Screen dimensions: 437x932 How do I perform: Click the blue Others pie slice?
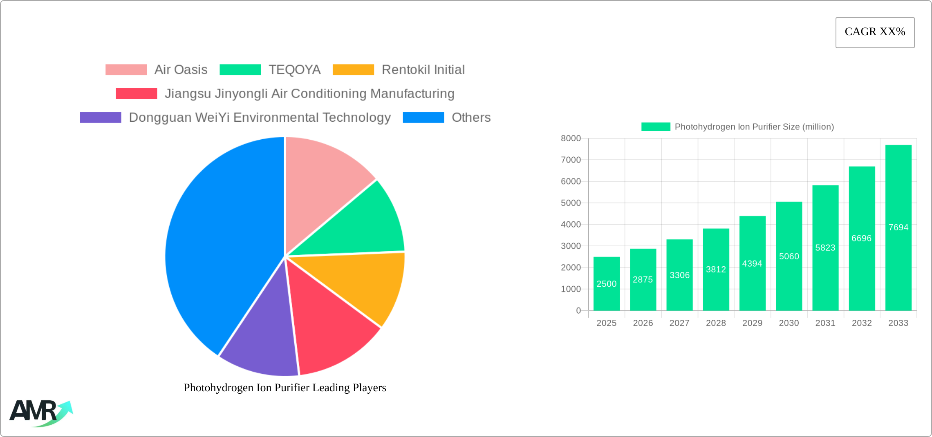tap(221, 245)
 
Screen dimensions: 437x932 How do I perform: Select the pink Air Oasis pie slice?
tap(323, 184)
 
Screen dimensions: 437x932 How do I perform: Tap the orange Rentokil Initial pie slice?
tap(364, 286)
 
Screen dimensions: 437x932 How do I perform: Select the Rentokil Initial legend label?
tap(423, 70)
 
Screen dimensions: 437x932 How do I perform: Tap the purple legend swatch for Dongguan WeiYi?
tap(101, 118)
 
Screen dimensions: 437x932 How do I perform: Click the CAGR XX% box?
tap(875, 32)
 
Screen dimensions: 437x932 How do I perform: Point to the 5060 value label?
tap(789, 256)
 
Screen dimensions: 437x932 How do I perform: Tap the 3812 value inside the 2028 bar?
tap(716, 270)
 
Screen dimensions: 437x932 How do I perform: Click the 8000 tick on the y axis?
tap(571, 138)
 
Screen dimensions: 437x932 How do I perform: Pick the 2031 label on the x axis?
tap(825, 323)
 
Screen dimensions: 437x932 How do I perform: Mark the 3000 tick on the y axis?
tap(571, 246)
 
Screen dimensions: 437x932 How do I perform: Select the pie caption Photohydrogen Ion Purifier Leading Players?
tap(285, 388)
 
